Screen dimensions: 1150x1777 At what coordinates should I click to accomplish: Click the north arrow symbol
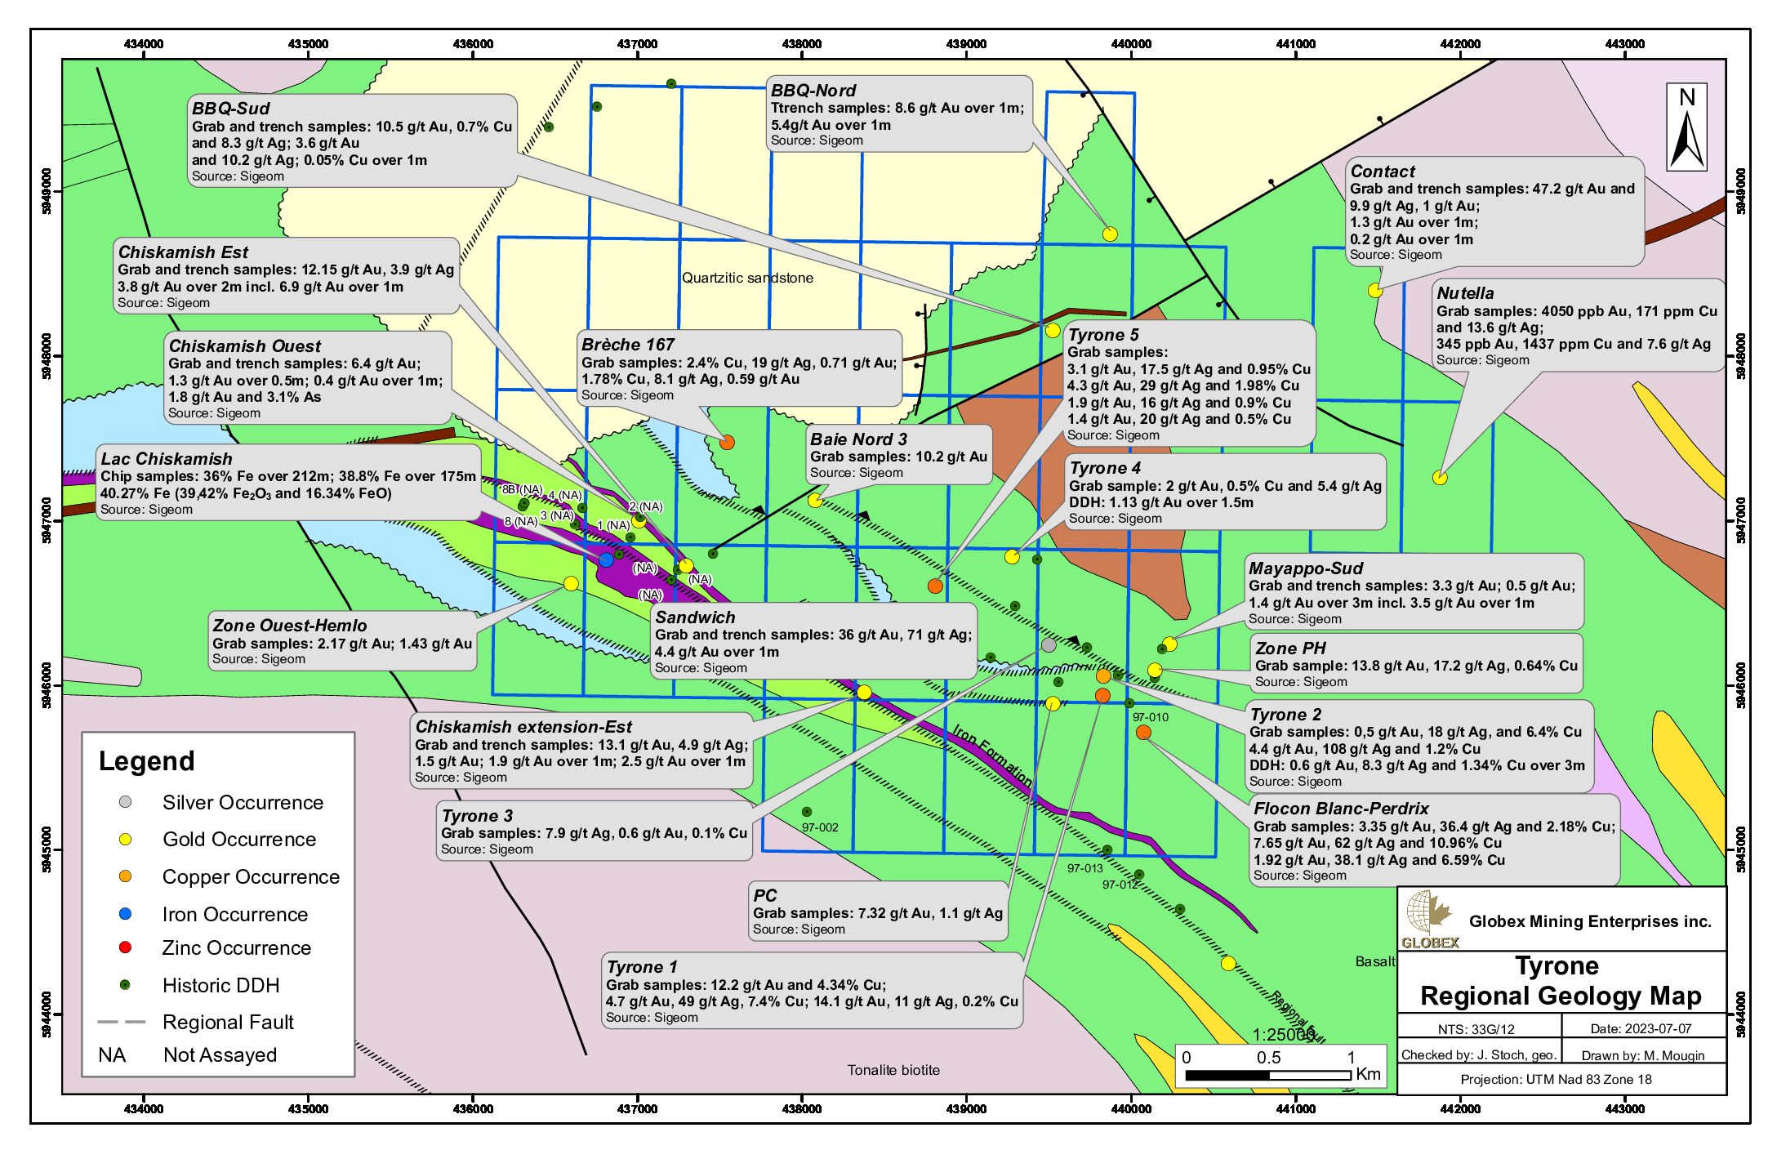click(x=1686, y=129)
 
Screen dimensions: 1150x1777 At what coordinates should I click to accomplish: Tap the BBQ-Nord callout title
click(x=813, y=91)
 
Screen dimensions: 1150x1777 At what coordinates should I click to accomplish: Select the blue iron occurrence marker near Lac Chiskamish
click(x=605, y=560)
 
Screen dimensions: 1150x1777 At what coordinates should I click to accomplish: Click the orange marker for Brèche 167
click(x=727, y=443)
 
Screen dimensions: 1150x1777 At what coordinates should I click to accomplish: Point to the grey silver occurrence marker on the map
click(x=1049, y=645)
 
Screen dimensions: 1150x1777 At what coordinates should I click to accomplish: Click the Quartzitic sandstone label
click(x=747, y=278)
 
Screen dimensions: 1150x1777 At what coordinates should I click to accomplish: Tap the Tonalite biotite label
click(x=893, y=1070)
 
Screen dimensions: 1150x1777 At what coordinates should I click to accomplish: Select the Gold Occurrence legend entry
click(x=238, y=840)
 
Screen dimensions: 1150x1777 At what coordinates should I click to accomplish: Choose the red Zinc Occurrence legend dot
click(x=125, y=947)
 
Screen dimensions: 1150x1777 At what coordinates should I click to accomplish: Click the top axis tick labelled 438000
click(x=802, y=44)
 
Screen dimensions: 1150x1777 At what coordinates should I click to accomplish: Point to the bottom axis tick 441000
click(x=1296, y=1108)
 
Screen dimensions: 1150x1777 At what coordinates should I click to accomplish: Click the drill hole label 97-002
click(x=820, y=827)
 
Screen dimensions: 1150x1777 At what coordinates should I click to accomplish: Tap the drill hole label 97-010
click(x=1150, y=717)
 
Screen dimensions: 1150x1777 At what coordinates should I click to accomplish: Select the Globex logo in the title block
click(x=1429, y=920)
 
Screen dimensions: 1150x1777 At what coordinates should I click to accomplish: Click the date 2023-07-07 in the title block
click(x=1641, y=1028)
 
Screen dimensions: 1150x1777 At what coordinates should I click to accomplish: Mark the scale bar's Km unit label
click(x=1368, y=1074)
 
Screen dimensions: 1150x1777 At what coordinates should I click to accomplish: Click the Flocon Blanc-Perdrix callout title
click(x=1341, y=809)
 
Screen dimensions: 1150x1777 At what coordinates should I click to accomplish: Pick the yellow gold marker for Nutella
click(x=1440, y=478)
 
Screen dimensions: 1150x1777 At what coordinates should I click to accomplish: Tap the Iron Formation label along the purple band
click(x=992, y=756)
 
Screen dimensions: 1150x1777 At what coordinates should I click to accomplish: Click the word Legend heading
click(x=147, y=761)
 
